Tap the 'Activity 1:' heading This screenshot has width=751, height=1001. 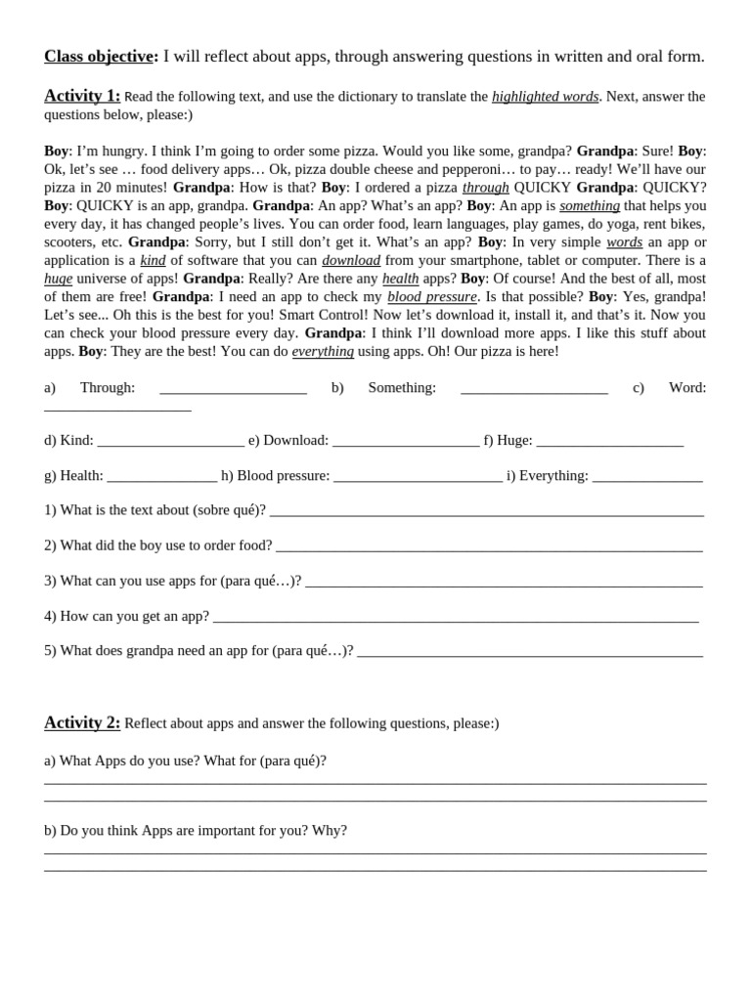pyautogui.click(x=82, y=96)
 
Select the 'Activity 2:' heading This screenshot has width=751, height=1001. pyautogui.click(x=82, y=722)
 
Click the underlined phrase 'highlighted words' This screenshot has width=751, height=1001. pyautogui.click(x=545, y=97)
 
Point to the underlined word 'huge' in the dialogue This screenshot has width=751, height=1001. pyautogui.click(x=59, y=279)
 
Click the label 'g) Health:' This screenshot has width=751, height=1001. pyautogui.click(x=73, y=476)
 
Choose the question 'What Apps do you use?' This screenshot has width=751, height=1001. pyautogui.click(x=129, y=761)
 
